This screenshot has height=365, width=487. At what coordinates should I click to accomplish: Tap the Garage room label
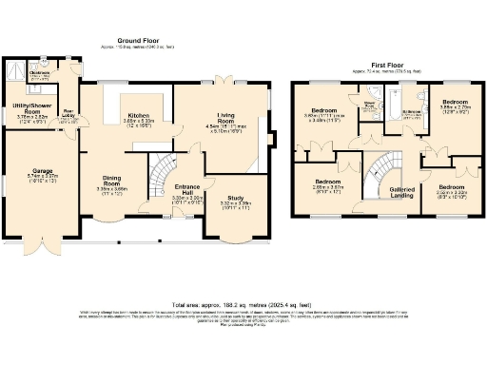pyautogui.click(x=42, y=172)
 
